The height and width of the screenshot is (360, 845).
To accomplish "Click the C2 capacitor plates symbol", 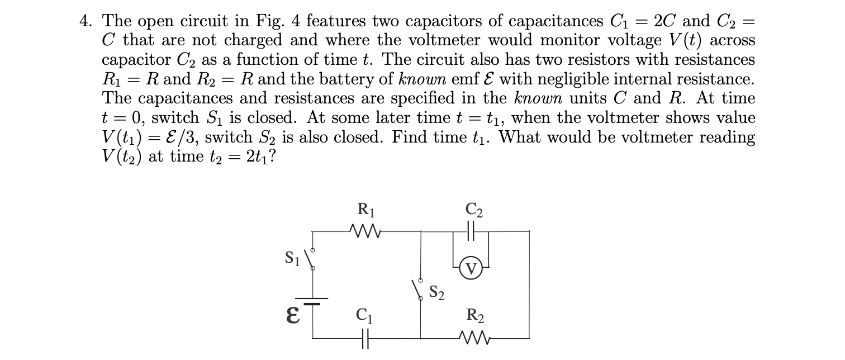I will pos(470,230).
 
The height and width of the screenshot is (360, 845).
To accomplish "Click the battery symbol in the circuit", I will pos(312,301).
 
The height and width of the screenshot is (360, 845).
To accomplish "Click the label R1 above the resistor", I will pos(366,211).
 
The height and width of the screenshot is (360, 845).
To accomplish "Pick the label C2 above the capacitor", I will pos(474,211).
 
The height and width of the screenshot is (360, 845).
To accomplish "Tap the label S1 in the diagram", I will pos(291,258).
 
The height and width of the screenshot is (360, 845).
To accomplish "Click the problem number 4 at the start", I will pos(85,21).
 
